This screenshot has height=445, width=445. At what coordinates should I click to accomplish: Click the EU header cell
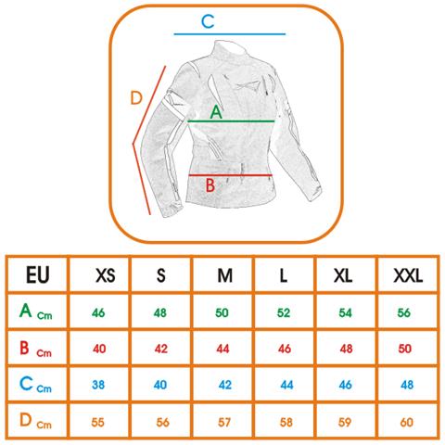[37, 274]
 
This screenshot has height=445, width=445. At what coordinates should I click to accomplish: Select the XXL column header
[408, 275]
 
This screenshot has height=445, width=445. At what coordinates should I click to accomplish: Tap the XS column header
[106, 275]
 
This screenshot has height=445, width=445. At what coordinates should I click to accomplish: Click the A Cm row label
[35, 311]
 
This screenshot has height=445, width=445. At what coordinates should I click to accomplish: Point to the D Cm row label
[35, 421]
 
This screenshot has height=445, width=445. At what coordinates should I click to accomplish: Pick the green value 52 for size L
[284, 312]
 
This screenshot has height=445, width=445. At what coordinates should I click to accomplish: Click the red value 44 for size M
[222, 349]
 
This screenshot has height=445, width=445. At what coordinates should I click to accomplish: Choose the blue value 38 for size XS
[98, 385]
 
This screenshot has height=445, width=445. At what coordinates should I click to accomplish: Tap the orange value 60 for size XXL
[406, 422]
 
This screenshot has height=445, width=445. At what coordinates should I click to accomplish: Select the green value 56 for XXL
[403, 312]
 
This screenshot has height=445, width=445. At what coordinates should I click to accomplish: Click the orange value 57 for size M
[224, 422]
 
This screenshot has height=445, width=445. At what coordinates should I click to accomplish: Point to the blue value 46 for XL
[345, 385]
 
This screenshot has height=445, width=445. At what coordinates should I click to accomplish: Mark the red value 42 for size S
[161, 349]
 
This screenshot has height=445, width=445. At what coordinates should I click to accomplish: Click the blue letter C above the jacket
[208, 21]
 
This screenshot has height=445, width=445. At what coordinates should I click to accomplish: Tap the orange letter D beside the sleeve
[136, 98]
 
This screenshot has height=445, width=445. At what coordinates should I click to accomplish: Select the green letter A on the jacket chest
[216, 112]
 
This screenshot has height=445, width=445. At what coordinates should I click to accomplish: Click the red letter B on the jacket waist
[210, 185]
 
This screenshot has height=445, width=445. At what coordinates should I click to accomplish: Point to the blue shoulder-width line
[230, 34]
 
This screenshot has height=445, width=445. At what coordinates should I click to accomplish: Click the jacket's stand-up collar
[230, 49]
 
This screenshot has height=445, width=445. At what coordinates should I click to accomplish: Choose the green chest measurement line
[231, 121]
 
